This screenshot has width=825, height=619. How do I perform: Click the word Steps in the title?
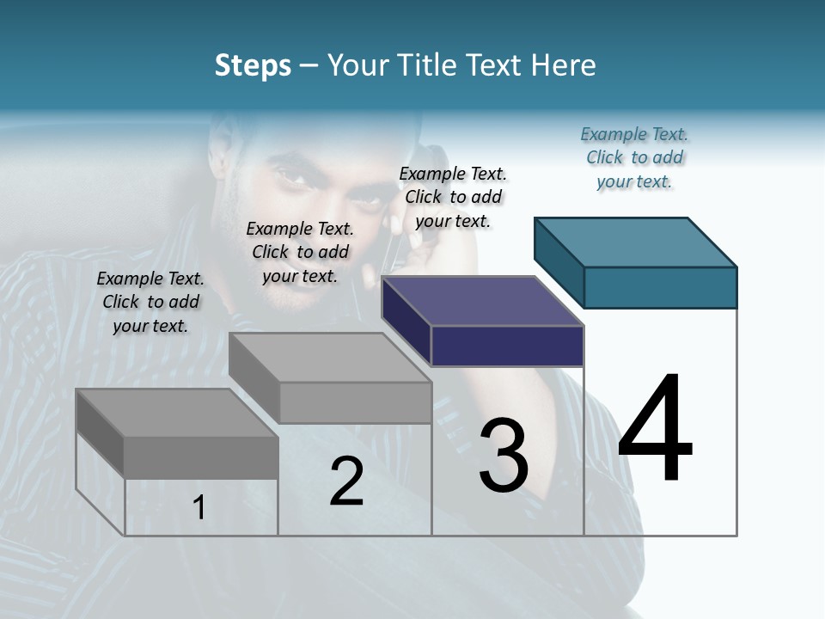(x=253, y=65)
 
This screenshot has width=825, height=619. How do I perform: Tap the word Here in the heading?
(x=564, y=65)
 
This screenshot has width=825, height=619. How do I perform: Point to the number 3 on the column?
(x=504, y=456)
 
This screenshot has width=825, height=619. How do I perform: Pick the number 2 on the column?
(x=346, y=481)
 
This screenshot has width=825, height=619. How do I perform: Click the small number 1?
(x=199, y=507)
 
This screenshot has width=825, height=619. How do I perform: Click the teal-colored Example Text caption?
(x=634, y=157)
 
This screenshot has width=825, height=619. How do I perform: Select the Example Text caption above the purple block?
(x=453, y=197)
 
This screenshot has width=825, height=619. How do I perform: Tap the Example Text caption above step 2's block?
(x=300, y=252)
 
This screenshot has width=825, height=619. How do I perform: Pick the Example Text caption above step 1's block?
(x=150, y=302)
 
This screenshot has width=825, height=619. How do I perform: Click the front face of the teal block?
(x=660, y=287)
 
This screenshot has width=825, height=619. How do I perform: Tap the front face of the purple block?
(x=507, y=346)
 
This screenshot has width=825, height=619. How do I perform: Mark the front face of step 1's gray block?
(x=201, y=457)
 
